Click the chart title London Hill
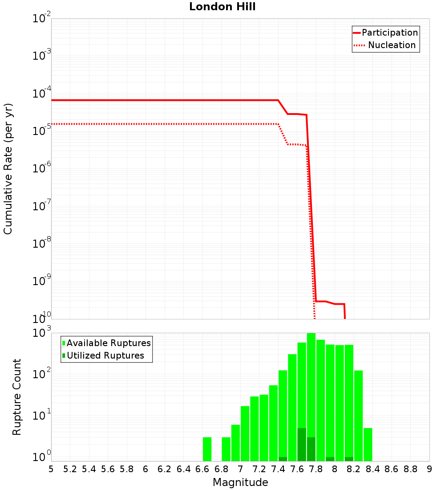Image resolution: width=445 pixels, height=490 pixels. (222, 7)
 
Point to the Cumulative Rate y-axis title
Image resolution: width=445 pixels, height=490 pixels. (8, 169)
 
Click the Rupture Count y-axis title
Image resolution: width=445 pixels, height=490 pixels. (17, 397)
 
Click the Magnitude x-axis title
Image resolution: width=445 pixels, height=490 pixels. (240, 482)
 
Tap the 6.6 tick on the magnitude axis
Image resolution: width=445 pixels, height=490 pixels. (202, 469)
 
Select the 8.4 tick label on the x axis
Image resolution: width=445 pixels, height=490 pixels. (372, 469)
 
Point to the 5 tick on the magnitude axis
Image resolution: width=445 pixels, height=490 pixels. (51, 469)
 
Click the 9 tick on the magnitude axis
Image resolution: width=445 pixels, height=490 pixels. (429, 469)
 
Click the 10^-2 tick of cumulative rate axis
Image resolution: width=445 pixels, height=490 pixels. (42, 19)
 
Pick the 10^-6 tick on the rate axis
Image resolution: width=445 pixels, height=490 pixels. (42, 169)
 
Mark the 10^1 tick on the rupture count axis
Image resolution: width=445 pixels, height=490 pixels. (42, 416)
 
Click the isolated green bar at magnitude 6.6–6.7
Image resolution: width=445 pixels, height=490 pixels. (207, 449)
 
